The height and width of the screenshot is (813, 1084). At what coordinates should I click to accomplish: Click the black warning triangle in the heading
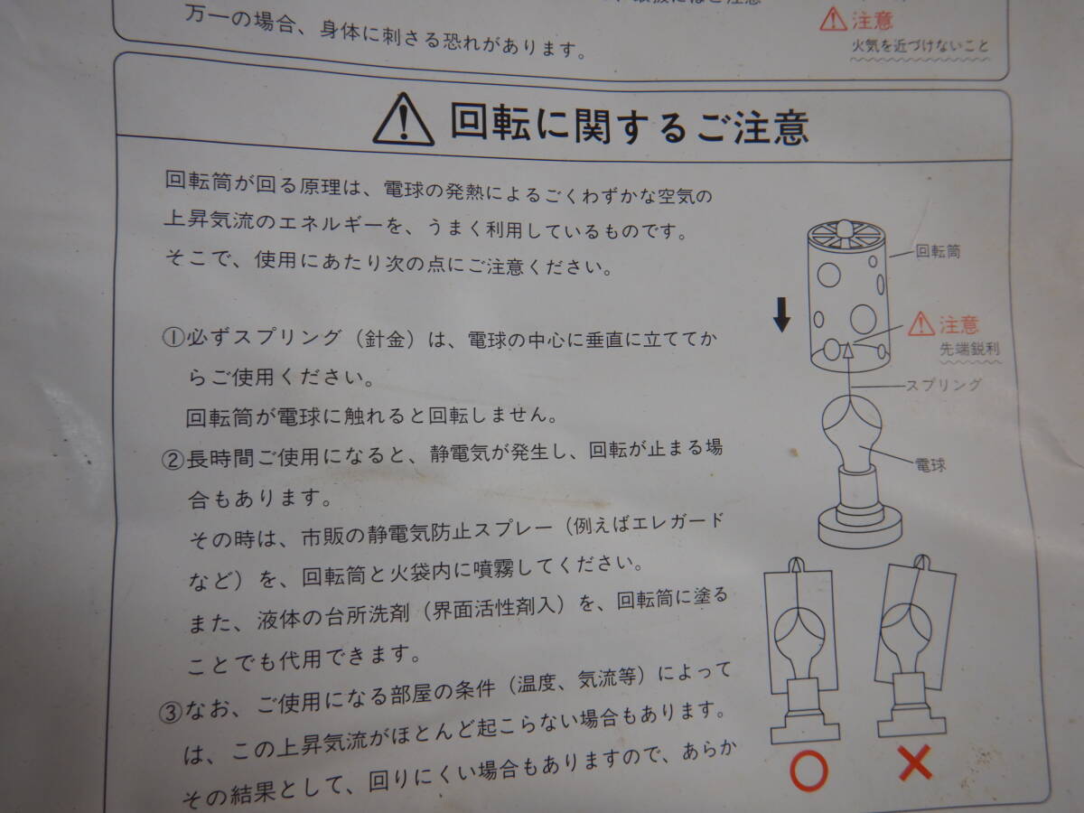tap(403, 121)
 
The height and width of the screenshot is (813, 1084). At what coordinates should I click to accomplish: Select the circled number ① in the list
tap(173, 340)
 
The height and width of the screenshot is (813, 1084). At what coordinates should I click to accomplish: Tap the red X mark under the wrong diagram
tap(916, 766)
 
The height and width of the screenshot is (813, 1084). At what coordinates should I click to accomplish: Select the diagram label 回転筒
tap(938, 252)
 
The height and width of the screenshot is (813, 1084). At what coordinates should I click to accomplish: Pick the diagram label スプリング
tap(943, 385)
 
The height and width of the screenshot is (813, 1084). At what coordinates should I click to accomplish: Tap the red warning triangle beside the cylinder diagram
tap(921, 322)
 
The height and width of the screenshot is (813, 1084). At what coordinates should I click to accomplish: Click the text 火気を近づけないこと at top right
tap(920, 46)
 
